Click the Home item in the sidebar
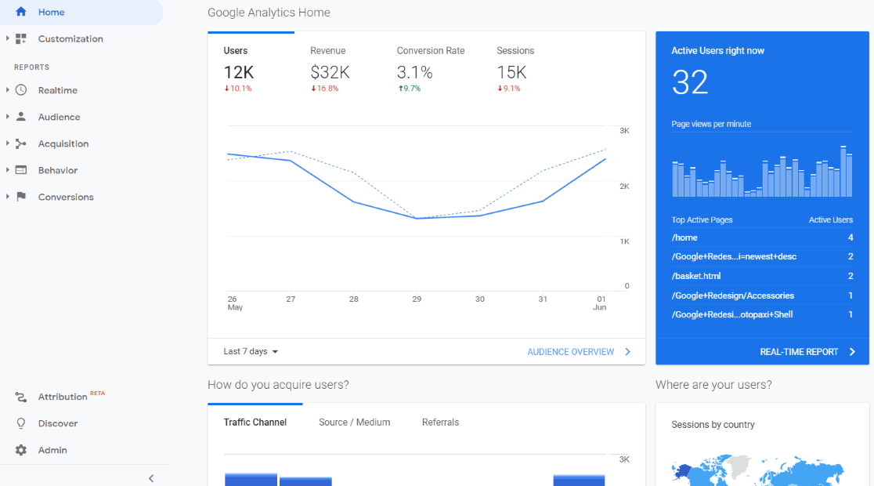pyautogui.click(x=51, y=13)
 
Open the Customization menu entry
pyautogui.click(x=70, y=39)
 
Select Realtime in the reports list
pyautogui.click(x=57, y=91)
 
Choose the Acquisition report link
pyautogui.click(x=63, y=144)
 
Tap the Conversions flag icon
pyautogui.click(x=21, y=197)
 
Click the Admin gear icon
pyautogui.click(x=21, y=450)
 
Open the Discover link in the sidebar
pyautogui.click(x=57, y=423)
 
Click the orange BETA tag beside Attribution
pyautogui.click(x=97, y=394)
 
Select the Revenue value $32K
pyautogui.click(x=330, y=73)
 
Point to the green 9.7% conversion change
pyautogui.click(x=409, y=89)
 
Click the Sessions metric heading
pyautogui.click(x=515, y=51)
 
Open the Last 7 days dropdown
pyautogui.click(x=251, y=352)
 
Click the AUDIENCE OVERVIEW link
pyautogui.click(x=571, y=352)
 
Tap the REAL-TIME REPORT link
pyautogui.click(x=799, y=352)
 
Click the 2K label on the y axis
pyautogui.click(x=624, y=187)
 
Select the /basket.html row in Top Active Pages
pyautogui.click(x=696, y=276)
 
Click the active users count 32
pyautogui.click(x=690, y=82)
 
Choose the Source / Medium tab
pyautogui.click(x=354, y=423)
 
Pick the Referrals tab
pyautogui.click(x=440, y=423)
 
